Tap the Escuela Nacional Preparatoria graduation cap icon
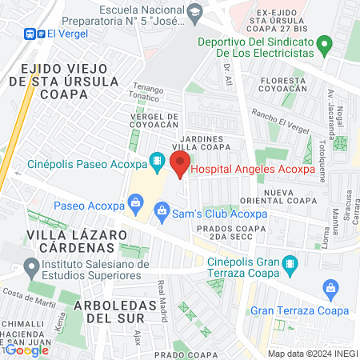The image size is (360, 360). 194,12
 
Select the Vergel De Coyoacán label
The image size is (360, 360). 158,121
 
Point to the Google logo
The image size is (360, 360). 28,350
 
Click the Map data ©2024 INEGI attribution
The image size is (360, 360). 312,354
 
